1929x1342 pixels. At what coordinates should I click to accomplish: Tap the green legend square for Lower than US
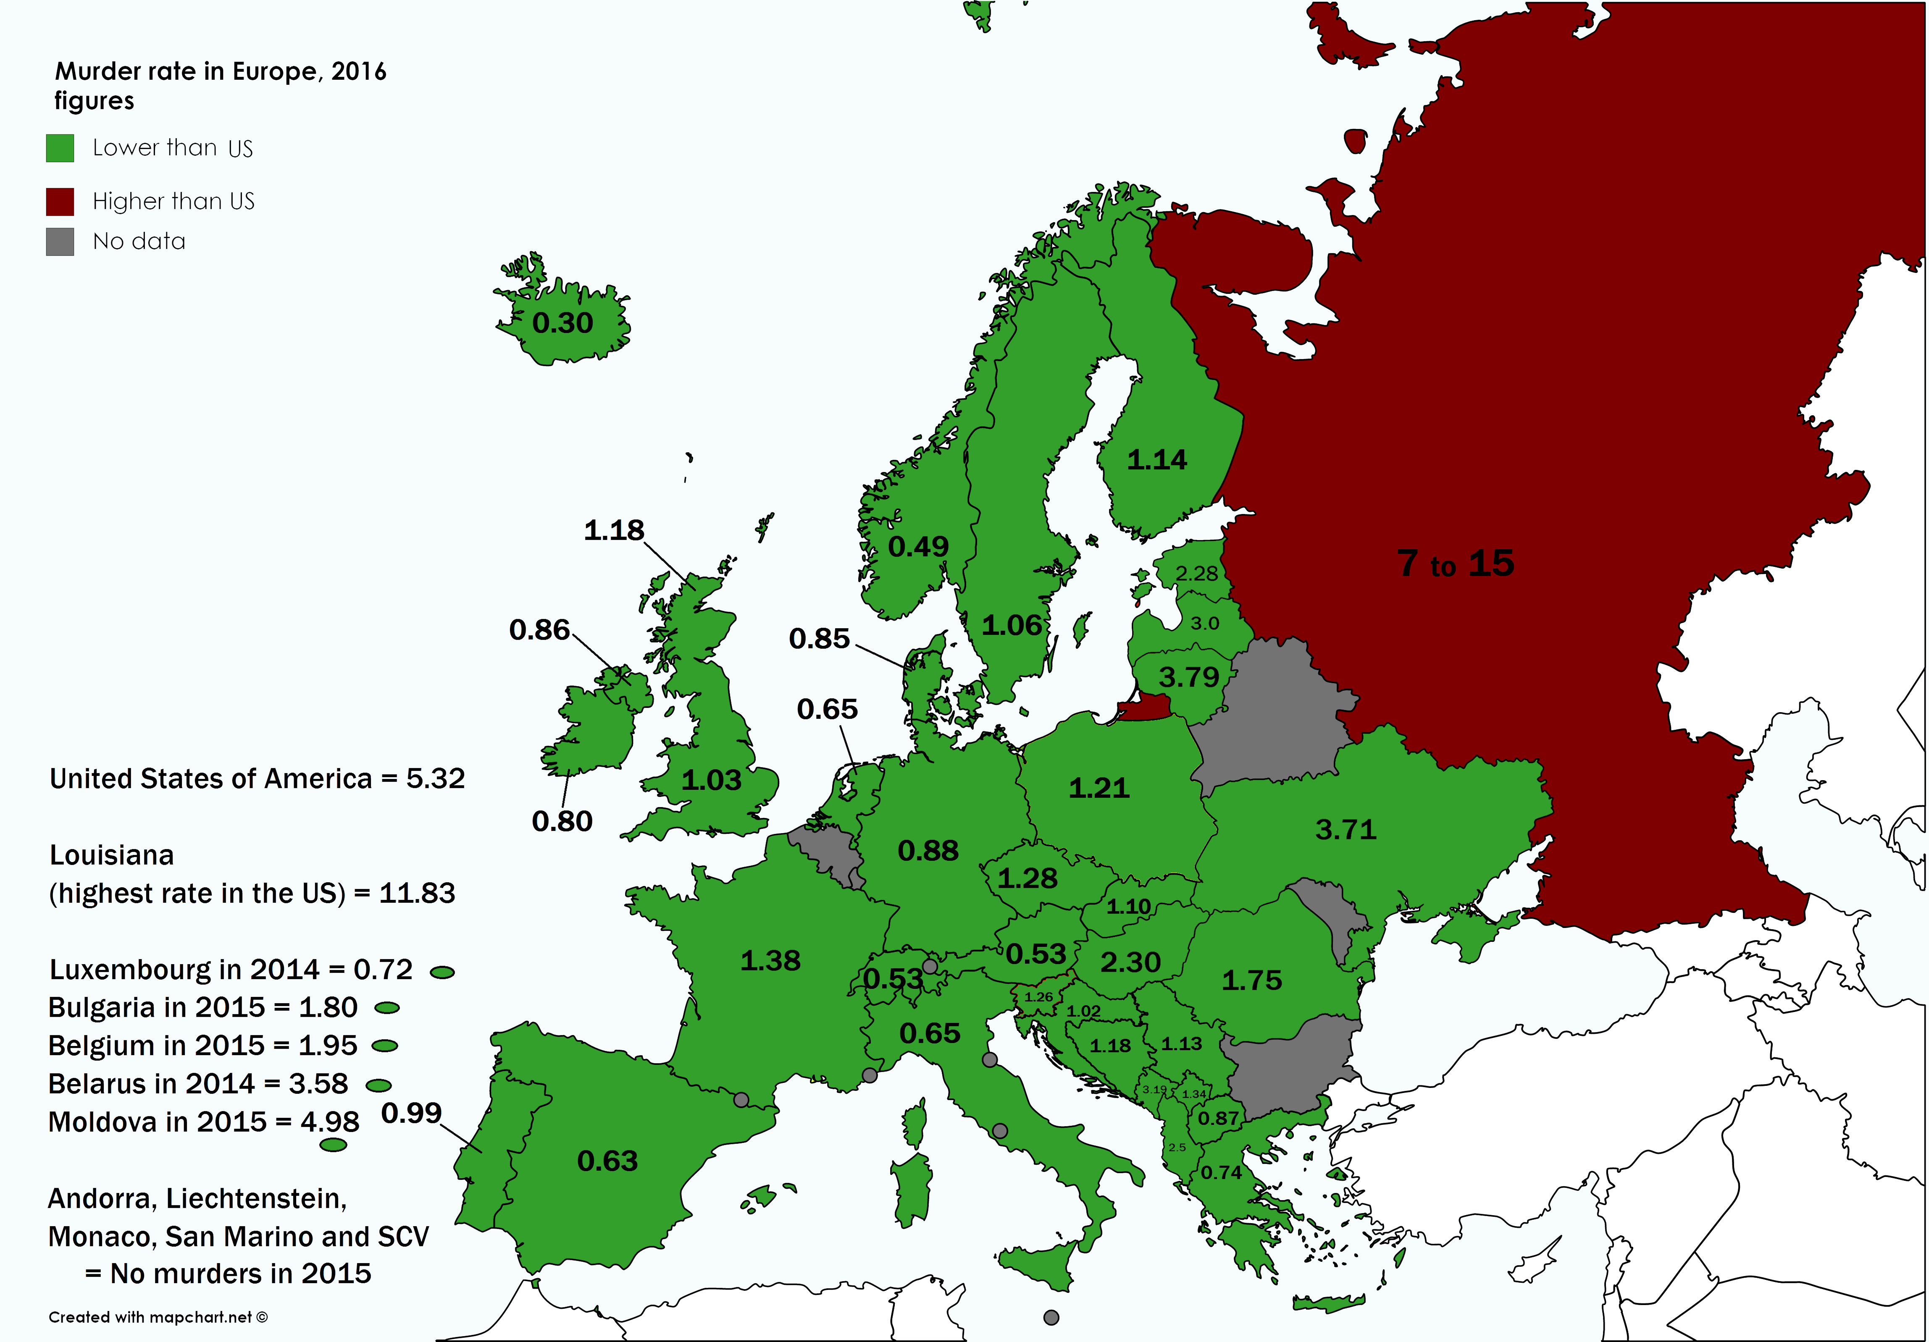tap(60, 148)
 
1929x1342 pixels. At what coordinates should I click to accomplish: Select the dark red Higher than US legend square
tap(60, 202)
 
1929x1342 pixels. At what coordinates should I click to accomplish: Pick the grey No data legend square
tap(60, 242)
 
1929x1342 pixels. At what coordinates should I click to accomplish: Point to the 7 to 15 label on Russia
tap(1455, 564)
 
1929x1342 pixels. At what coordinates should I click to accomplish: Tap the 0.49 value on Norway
tap(918, 547)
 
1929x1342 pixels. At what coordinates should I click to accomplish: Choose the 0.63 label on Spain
tap(607, 1161)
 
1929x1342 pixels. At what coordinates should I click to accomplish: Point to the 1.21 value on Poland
tap(1099, 789)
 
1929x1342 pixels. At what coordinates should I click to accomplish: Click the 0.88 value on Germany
tap(928, 851)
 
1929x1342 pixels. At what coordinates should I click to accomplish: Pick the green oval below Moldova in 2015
tap(334, 1145)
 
